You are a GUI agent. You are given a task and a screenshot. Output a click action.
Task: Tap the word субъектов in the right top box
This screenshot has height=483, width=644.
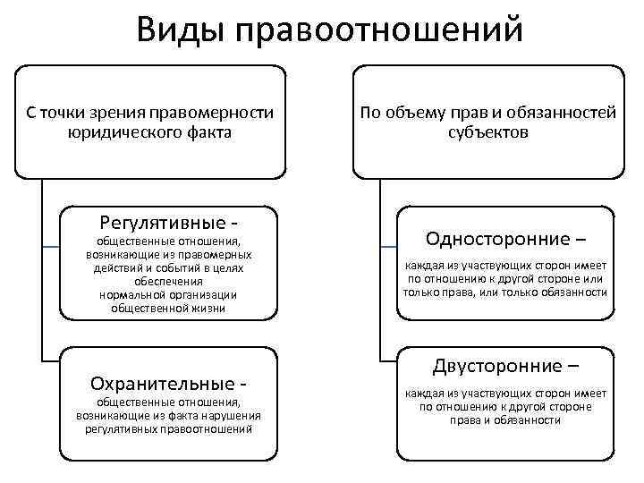488,132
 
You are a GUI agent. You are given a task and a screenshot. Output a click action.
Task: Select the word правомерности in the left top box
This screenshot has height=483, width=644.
214,113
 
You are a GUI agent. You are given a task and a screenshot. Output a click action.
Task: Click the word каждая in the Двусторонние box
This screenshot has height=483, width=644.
423,393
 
